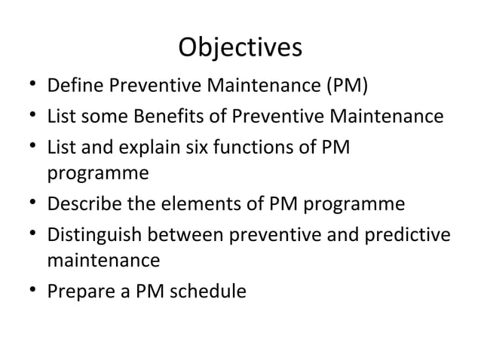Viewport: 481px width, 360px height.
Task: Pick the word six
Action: click(x=210, y=146)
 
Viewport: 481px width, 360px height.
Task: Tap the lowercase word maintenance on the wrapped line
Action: click(x=103, y=261)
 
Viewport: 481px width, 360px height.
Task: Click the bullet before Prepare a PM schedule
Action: click(x=26, y=291)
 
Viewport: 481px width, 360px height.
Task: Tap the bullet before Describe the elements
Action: click(x=26, y=205)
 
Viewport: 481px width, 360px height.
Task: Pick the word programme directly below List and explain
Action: click(x=98, y=175)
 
